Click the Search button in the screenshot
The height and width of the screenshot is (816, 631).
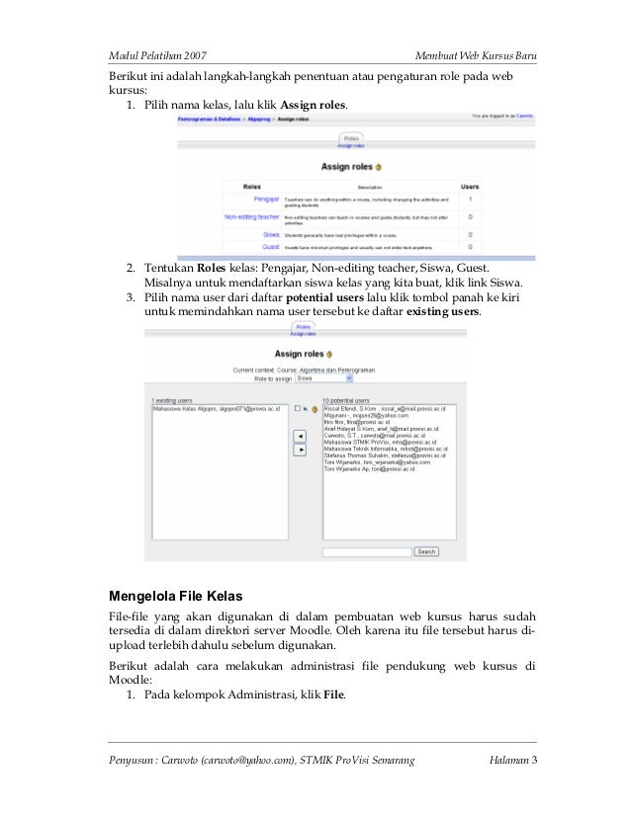pyautogui.click(x=426, y=552)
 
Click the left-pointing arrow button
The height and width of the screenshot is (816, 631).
pyautogui.click(x=301, y=436)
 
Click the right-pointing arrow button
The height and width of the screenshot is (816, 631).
pyautogui.click(x=301, y=449)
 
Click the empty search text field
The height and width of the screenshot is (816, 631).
pyautogui.click(x=366, y=552)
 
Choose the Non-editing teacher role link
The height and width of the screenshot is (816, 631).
pyautogui.click(x=251, y=216)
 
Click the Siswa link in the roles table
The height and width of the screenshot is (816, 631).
pyautogui.click(x=270, y=234)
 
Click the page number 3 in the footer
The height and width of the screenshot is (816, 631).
pyautogui.click(x=533, y=759)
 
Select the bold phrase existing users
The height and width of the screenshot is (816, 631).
pyautogui.click(x=443, y=311)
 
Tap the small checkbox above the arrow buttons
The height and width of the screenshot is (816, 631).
pyautogui.click(x=297, y=408)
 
